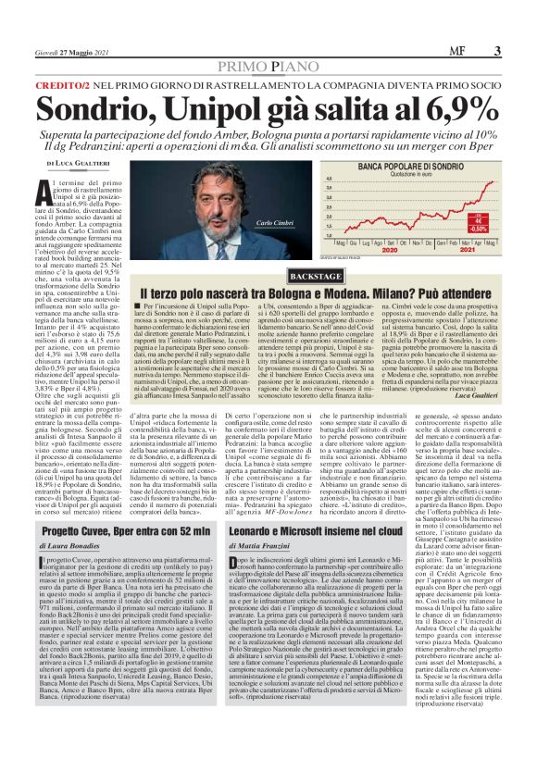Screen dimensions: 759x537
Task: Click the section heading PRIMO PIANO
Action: point(268,66)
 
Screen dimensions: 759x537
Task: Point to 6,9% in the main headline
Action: point(440,109)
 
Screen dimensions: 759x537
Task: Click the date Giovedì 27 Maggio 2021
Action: point(69,52)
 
